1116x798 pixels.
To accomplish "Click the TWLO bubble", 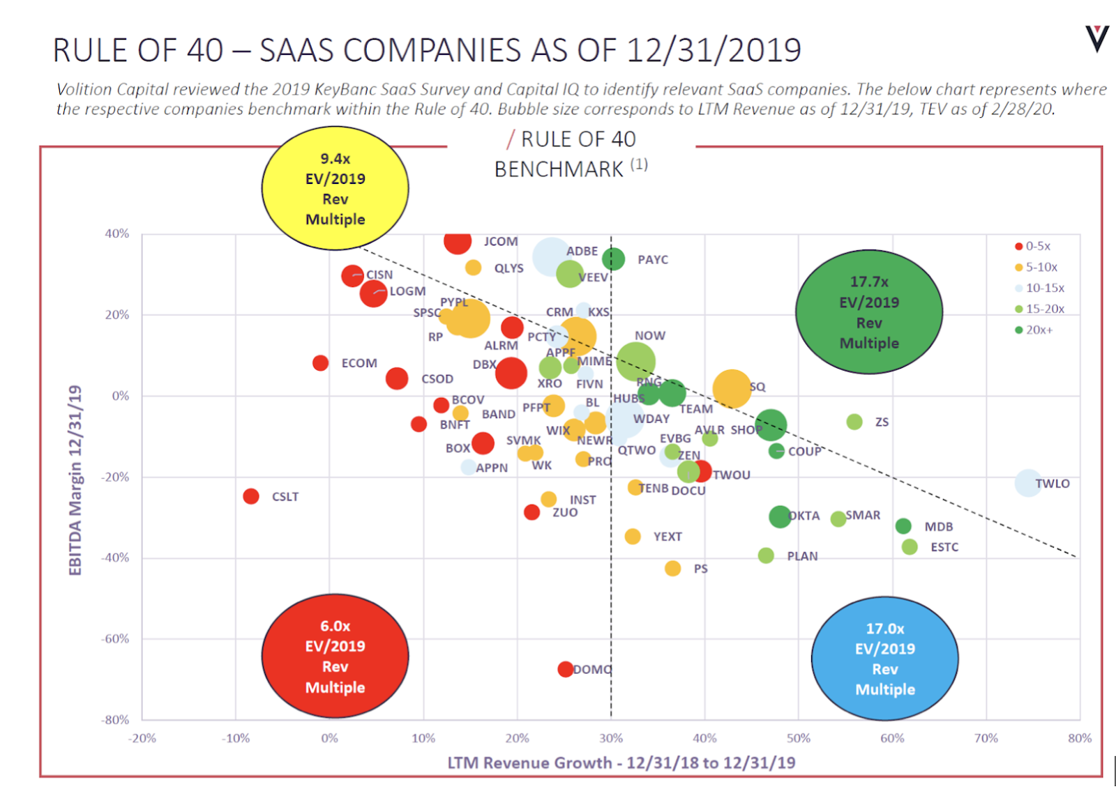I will click(1028, 482).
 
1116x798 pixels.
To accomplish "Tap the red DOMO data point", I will click(566, 669).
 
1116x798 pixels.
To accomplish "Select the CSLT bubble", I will click(251, 496).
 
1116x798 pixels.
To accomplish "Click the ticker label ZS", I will click(882, 422).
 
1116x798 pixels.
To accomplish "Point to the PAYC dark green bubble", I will click(613, 259).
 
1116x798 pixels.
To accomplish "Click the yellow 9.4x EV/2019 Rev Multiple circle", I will click(335, 188).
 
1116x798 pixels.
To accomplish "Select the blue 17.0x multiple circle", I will click(884, 659).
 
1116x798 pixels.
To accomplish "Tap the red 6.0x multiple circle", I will click(335, 657).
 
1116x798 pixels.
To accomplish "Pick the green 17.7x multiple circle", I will click(868, 312).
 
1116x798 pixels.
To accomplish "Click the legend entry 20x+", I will click(1039, 330).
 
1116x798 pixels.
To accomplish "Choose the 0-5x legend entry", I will click(1037, 246).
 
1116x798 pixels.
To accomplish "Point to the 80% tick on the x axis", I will click(1079, 738).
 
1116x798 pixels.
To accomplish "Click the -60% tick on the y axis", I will click(115, 638).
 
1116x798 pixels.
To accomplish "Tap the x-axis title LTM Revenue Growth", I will click(621, 762).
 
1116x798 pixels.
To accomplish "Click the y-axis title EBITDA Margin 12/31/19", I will click(75, 481).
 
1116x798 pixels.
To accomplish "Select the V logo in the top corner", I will click(1096, 39).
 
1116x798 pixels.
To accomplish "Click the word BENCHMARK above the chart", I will click(559, 169).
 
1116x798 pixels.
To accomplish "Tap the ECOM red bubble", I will click(320, 363).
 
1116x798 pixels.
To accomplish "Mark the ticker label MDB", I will click(938, 527).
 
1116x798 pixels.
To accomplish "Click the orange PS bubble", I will click(672, 569).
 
